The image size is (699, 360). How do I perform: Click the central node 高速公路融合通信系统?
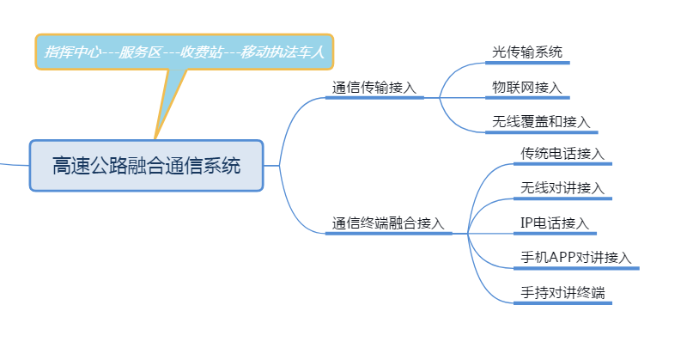[146, 165]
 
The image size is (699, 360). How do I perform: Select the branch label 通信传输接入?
[374, 88]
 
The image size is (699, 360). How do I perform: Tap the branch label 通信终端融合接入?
[388, 223]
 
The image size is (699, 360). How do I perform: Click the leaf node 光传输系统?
[527, 52]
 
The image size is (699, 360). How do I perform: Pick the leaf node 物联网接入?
[526, 87]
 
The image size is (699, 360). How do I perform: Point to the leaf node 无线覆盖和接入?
[541, 122]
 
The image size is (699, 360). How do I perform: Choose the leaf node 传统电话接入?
[562, 154]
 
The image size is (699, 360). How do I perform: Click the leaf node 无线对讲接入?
[562, 188]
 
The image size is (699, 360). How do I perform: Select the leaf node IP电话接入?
[555, 223]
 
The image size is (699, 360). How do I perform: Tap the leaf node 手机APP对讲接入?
[576, 257]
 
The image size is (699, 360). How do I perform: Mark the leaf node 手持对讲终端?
[562, 292]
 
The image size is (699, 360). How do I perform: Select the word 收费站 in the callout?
[203, 52]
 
